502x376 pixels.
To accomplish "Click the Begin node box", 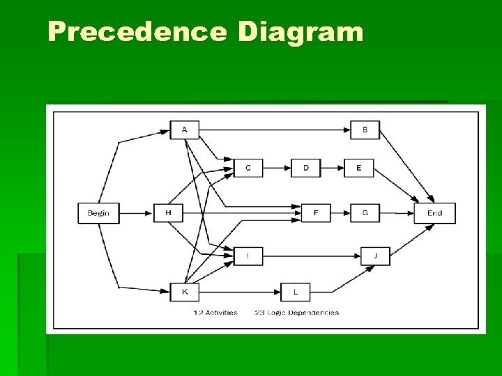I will pos(98,213).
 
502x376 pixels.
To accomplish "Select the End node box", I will pos(434,213).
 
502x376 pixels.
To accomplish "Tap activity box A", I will pos(184,130).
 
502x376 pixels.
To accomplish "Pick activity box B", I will pos(365,130).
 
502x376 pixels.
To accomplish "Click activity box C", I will pos(248,168).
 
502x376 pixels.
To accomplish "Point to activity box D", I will pos(306,168).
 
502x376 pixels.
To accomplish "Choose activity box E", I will pos(358,168).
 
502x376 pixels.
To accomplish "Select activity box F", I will pos(316,213).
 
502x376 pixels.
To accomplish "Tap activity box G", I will pos(365,213).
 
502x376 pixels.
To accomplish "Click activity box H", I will pos(168,213).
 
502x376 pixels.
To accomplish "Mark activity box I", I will pos(248,256).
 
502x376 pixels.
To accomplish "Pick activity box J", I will pos(375,256).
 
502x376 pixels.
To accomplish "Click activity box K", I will pos(184,292).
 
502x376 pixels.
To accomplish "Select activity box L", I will pos(296,292).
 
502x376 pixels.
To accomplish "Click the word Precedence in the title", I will pos(137,32).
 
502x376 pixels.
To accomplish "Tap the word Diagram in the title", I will pos(301,32).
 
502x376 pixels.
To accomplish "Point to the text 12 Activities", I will pos(215,313).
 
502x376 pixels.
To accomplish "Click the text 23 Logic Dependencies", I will pos(297,313).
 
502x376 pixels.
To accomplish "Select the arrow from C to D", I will pos(277,168).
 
